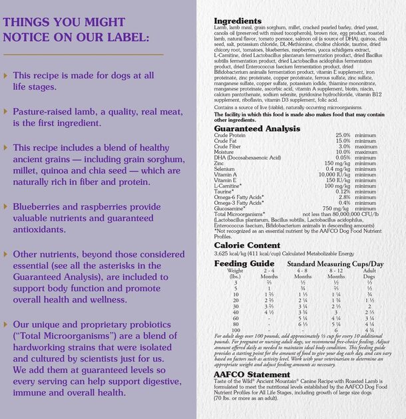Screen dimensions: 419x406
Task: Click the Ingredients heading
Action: (238, 21)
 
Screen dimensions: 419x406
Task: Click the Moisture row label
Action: (224, 152)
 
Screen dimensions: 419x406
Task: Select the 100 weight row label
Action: (236, 330)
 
